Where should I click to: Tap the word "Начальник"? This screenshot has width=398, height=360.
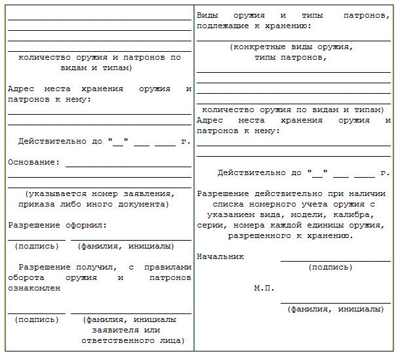pyautogui.click(x=220, y=256)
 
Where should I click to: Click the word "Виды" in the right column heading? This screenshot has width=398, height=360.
pyautogui.click(x=207, y=15)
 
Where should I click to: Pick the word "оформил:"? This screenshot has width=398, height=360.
pyautogui.click(x=85, y=225)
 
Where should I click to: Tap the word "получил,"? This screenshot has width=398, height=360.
pyautogui.click(x=96, y=267)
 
